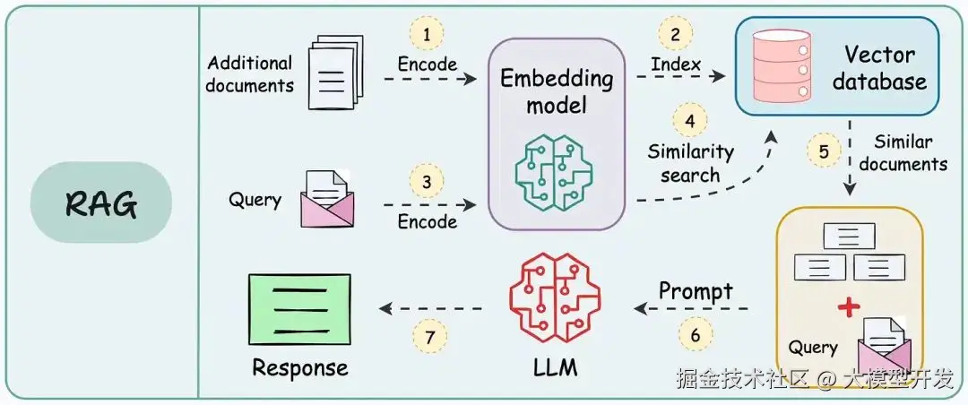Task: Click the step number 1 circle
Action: pyautogui.click(x=427, y=34)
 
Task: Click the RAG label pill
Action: pyautogui.click(x=100, y=203)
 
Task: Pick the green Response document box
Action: pyautogui.click(x=299, y=308)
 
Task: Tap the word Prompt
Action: pyautogui.click(x=696, y=292)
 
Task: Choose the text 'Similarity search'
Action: pyautogui.click(x=689, y=163)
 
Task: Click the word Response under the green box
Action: pyautogui.click(x=299, y=368)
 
